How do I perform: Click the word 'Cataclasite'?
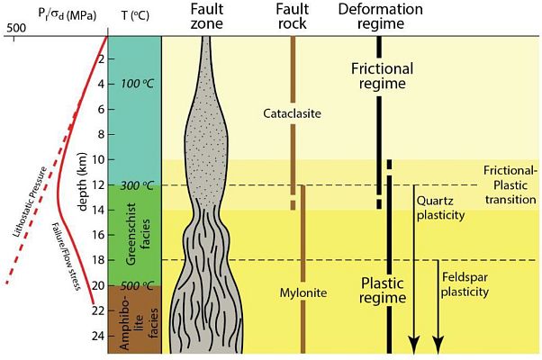[x=293, y=114]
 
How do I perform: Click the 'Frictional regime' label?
[x=382, y=76]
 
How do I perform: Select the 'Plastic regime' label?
[x=387, y=290]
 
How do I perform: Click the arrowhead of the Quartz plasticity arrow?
[x=414, y=343]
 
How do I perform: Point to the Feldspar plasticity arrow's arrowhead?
[x=438, y=343]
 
